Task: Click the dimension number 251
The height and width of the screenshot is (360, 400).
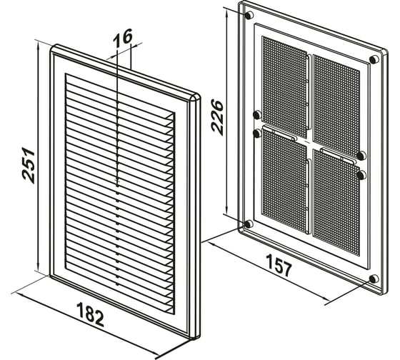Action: [29, 165]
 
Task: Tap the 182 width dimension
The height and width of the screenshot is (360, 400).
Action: [90, 314]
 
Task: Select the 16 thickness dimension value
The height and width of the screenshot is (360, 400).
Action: [122, 39]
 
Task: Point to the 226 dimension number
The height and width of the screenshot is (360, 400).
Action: [217, 118]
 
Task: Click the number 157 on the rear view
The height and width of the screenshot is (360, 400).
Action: [279, 265]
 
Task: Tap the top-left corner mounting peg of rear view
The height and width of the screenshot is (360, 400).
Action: [249, 15]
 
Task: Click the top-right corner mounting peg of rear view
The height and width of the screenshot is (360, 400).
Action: [374, 59]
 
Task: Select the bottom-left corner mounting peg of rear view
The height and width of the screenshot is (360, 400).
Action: [249, 224]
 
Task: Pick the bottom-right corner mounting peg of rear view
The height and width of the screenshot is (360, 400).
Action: [374, 279]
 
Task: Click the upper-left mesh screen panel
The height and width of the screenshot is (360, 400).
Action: [284, 86]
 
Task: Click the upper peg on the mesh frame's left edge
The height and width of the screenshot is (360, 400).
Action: [257, 114]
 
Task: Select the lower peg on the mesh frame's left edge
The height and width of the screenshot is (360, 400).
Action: [257, 133]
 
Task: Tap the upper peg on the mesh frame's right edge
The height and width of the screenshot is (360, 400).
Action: [361, 156]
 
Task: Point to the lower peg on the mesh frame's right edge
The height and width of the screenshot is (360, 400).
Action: [361, 175]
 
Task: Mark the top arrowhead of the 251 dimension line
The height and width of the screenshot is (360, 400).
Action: [38, 46]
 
